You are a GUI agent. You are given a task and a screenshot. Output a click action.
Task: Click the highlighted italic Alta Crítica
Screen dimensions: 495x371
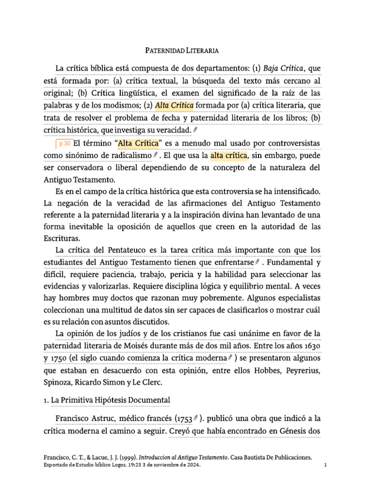(x=175, y=105)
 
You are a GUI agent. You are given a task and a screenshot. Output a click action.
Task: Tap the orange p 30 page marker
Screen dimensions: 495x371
(x=64, y=144)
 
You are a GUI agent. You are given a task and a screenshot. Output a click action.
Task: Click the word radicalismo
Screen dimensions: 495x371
(x=129, y=156)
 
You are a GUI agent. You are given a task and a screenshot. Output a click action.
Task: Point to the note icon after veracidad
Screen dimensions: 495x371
(x=195, y=130)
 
